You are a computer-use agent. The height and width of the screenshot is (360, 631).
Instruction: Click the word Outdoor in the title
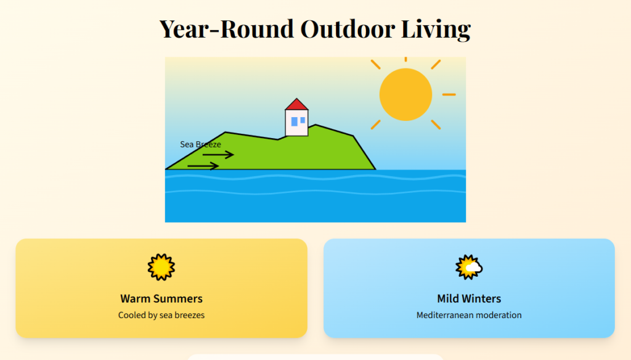[x=347, y=29]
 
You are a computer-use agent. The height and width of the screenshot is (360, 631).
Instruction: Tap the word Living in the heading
[x=436, y=30]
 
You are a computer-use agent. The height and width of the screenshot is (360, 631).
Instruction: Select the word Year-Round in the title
[x=227, y=29]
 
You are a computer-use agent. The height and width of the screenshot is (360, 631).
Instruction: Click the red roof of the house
[x=296, y=105]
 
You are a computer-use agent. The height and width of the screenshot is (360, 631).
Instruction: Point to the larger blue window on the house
[x=294, y=121]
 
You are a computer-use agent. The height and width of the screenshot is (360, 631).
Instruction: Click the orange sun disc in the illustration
[x=405, y=95]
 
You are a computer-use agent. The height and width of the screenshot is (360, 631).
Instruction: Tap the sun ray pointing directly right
[x=449, y=95]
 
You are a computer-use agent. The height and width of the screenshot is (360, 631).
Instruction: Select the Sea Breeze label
[x=200, y=144]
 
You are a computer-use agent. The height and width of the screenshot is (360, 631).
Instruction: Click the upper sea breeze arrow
[x=218, y=155]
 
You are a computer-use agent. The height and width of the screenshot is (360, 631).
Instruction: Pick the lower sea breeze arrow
[x=203, y=166]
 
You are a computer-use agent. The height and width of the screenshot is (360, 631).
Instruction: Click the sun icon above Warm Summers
[x=161, y=267]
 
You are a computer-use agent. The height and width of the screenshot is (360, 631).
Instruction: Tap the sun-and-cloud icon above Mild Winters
[x=469, y=267]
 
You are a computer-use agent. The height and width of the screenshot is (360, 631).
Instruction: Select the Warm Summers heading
[x=161, y=298]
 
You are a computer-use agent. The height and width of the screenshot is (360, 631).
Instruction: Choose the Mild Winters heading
[x=469, y=298]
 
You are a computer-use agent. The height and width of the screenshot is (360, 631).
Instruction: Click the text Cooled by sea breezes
[x=161, y=315]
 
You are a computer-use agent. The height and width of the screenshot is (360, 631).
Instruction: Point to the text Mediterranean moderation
[x=469, y=315]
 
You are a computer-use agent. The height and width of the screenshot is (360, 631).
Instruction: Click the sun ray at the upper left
[x=375, y=65]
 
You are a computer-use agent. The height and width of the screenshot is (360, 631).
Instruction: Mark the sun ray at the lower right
[x=436, y=125]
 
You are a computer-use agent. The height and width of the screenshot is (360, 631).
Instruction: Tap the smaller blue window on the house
[x=303, y=120]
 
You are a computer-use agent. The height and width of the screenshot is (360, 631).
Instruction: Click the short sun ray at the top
[x=405, y=59]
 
